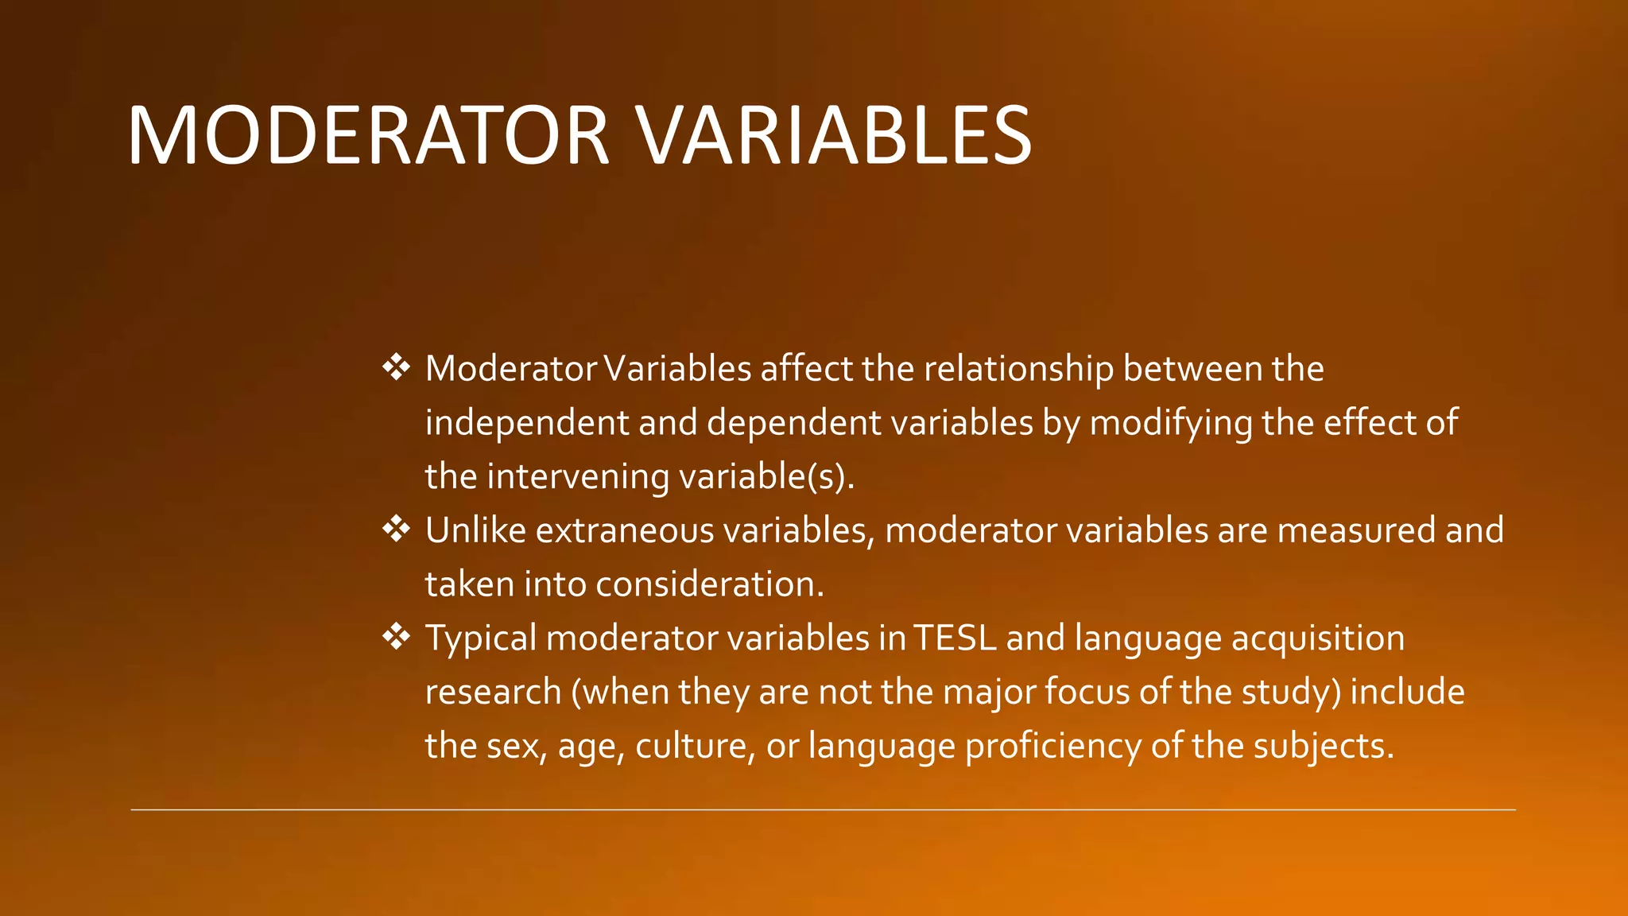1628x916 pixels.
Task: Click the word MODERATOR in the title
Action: click(x=368, y=136)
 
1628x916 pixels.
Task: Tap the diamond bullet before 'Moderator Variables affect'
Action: click(x=396, y=367)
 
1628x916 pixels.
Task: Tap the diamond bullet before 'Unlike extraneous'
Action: click(x=396, y=529)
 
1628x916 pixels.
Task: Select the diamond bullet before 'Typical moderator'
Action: click(x=396, y=636)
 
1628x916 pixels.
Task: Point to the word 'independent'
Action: click(x=526, y=423)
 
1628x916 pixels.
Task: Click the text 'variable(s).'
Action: click(x=766, y=477)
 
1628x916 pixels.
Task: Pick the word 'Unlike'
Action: click(x=475, y=530)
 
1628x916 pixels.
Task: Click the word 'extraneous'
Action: click(x=625, y=530)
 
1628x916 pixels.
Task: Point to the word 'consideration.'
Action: click(x=710, y=584)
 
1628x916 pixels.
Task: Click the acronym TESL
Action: click(x=955, y=638)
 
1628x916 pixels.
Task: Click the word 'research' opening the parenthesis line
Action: click(x=493, y=692)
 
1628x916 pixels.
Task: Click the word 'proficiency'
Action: click(x=1052, y=746)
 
